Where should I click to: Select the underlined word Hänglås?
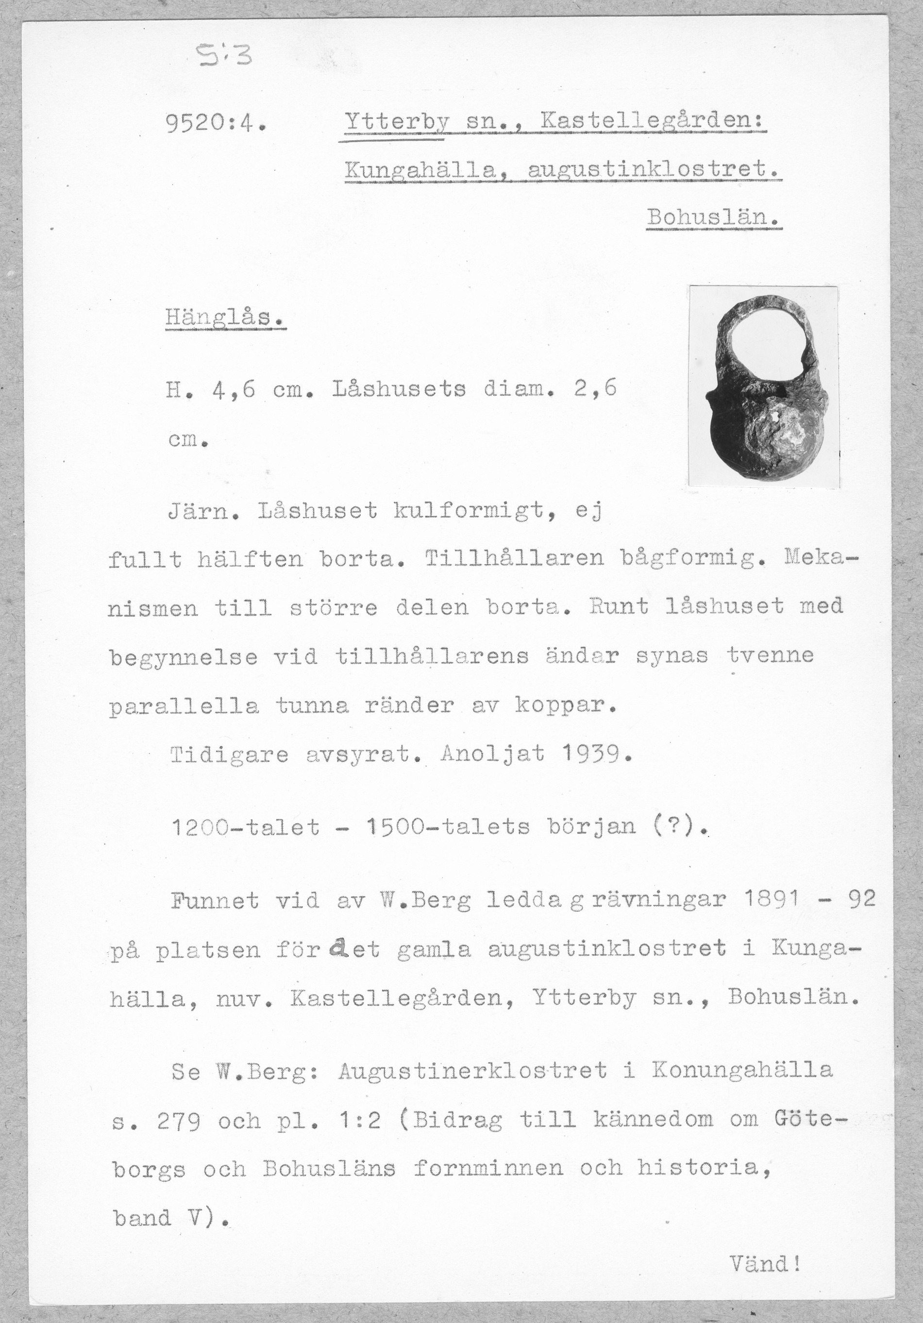[224, 317]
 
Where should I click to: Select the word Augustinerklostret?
[473, 1071]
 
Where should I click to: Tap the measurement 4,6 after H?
[234, 391]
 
